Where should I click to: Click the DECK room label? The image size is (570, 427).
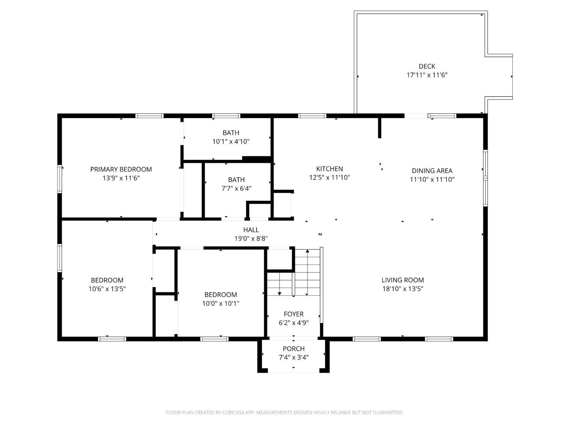click(x=427, y=66)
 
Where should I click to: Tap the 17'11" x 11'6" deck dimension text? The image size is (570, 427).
click(x=427, y=75)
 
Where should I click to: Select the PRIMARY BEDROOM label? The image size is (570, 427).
click(x=121, y=169)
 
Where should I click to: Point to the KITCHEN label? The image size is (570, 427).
click(x=329, y=169)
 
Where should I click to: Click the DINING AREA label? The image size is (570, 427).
click(x=432, y=170)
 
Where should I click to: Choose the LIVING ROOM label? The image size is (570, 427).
click(x=403, y=280)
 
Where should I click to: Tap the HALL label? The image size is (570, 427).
click(x=251, y=230)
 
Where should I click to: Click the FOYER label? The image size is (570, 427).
click(x=294, y=314)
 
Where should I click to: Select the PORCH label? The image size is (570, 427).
click(x=294, y=349)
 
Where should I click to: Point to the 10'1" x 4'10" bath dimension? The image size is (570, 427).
click(x=231, y=142)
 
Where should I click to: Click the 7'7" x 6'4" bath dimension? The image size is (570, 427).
click(x=236, y=189)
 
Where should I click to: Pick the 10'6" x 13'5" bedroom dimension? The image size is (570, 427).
click(x=107, y=289)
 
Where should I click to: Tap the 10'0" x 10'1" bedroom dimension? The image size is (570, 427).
click(x=221, y=303)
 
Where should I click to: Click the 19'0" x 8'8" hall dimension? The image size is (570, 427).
click(x=251, y=238)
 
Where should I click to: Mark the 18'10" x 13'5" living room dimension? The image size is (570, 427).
click(x=403, y=289)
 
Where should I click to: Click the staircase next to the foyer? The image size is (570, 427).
click(x=294, y=273)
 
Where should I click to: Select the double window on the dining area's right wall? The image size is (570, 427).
click(x=485, y=178)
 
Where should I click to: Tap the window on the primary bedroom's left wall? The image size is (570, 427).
click(x=60, y=179)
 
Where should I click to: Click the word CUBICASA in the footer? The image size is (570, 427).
click(x=233, y=413)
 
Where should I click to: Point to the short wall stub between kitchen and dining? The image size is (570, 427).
click(x=379, y=128)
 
